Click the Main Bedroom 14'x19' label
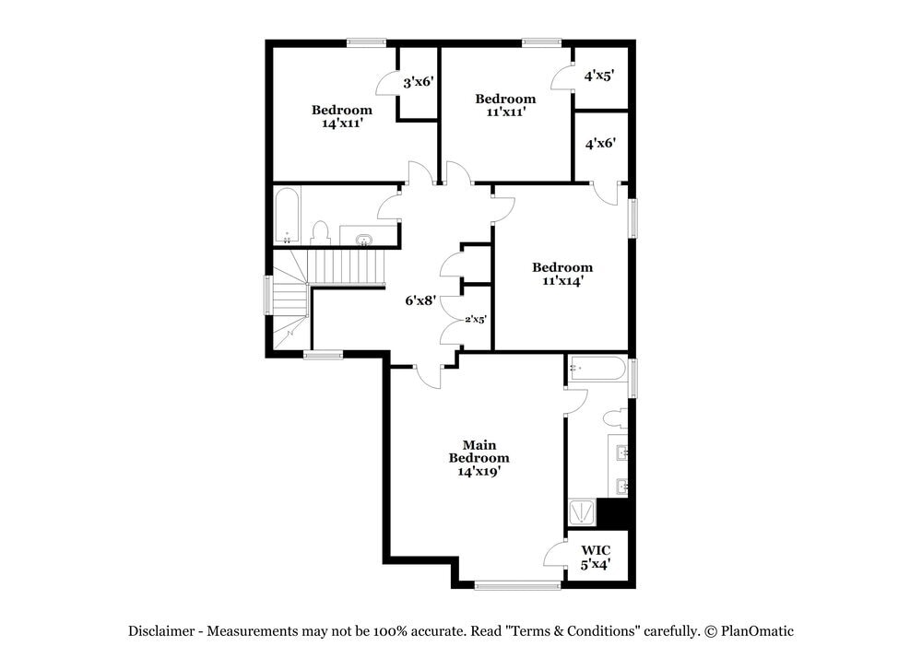479,458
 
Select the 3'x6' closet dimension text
419,82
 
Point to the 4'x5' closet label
600,76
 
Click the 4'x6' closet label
600,143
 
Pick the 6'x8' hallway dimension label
420,300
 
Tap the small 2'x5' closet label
475,319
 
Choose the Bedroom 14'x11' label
341,116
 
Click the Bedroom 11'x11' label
505,105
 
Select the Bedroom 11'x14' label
562,274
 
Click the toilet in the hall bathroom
320,233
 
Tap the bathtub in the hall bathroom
287,215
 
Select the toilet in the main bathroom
616,418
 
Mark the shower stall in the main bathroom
582,511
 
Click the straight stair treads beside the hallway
346,268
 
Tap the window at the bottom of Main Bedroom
518,584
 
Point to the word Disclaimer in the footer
160,631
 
